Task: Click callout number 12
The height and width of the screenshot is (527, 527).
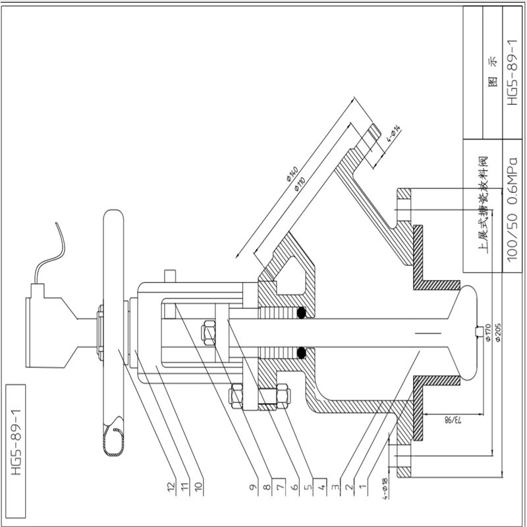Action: [x=172, y=487]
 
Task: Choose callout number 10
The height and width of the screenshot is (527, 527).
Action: [x=200, y=487]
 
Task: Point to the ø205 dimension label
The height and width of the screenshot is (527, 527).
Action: [x=498, y=333]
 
